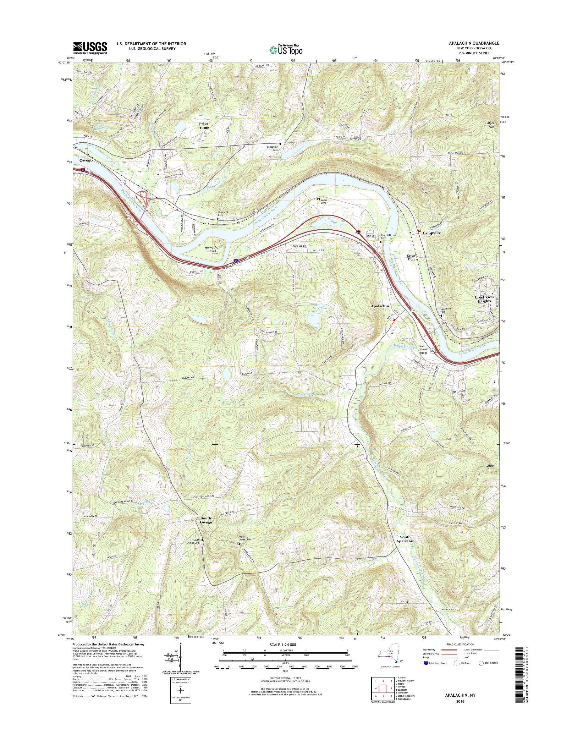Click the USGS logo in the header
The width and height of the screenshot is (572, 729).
[90, 47]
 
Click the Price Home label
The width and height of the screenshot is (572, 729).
[203, 126]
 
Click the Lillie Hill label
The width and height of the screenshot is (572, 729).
[489, 468]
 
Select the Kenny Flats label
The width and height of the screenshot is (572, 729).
[413, 257]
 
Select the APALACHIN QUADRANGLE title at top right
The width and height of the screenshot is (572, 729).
[471, 43]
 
